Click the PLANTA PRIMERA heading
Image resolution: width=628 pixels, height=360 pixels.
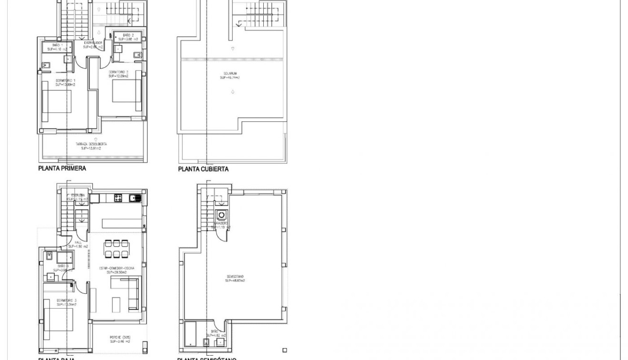[x=62, y=169]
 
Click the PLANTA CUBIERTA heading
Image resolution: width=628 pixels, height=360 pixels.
[x=203, y=169]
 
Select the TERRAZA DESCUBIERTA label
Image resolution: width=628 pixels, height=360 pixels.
[x=90, y=146]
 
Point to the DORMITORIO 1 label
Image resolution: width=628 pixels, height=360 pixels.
[x=65, y=82]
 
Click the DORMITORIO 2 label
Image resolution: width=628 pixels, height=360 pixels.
[x=119, y=74]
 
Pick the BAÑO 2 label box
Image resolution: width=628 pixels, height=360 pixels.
[x=127, y=37]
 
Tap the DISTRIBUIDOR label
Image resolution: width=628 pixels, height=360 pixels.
[x=92, y=45]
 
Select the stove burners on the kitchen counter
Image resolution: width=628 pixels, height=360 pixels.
[x=118, y=197]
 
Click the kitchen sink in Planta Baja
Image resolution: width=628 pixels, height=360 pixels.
[x=135, y=197]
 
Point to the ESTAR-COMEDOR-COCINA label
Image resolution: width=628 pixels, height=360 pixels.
[x=117, y=270]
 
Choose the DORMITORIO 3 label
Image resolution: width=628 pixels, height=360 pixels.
[x=67, y=302]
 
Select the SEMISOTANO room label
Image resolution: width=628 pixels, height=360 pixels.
[x=235, y=279]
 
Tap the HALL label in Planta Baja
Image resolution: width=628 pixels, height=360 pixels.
[x=78, y=244]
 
